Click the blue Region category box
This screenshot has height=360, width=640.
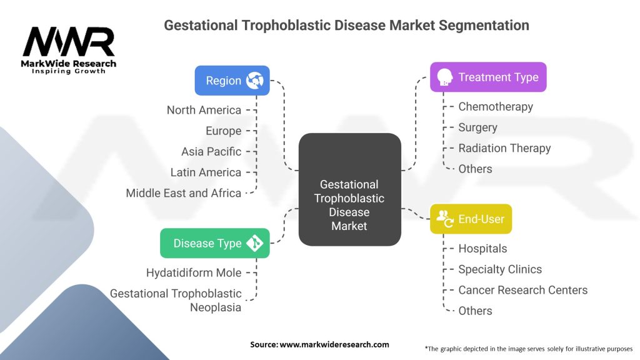(x=232, y=81)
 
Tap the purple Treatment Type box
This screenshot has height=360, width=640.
(x=487, y=77)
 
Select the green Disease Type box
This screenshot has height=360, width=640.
(x=214, y=243)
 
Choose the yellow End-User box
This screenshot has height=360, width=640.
(x=471, y=219)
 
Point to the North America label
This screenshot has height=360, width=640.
(x=204, y=110)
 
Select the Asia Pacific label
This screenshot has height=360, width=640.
(x=211, y=151)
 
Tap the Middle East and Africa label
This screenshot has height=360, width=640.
(x=184, y=193)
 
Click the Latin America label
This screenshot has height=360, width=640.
(x=206, y=172)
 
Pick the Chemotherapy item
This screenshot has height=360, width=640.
(x=496, y=106)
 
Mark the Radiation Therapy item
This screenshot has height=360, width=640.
(x=504, y=148)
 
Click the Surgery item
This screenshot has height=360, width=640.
(x=477, y=127)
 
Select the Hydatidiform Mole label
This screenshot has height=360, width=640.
(x=194, y=272)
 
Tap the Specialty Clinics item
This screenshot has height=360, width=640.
(x=500, y=269)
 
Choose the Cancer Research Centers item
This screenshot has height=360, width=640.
(x=522, y=290)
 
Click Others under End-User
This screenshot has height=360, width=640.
(x=475, y=311)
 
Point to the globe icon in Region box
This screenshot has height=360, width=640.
(x=255, y=81)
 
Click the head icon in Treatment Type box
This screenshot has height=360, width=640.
(x=445, y=77)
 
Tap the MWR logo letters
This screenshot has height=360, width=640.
(x=68, y=42)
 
